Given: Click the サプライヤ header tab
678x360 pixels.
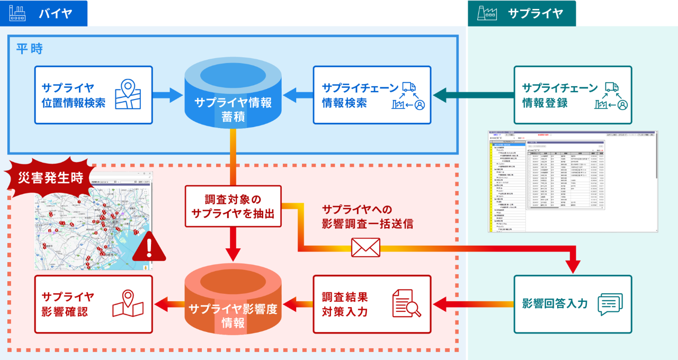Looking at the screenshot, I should tap(522, 13).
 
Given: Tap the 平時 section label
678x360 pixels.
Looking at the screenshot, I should tap(29, 49).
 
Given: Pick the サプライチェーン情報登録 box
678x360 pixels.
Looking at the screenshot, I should tap(573, 95).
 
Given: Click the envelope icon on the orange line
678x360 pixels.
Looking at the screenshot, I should tap(365, 247).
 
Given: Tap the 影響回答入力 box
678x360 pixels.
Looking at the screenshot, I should tap(573, 304).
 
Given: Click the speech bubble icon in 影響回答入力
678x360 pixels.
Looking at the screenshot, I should tap(610, 304).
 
